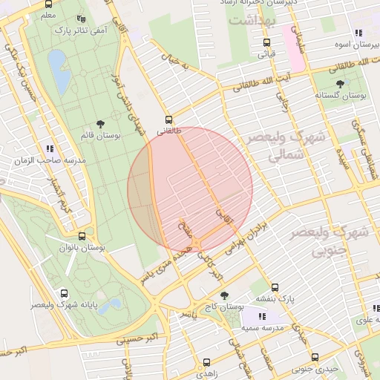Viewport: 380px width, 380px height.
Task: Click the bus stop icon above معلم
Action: [49, 3]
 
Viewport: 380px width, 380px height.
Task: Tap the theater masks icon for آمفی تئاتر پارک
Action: [81, 19]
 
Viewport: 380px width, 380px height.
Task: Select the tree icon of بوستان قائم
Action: [100, 125]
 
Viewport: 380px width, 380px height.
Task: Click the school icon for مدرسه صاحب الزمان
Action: [49, 148]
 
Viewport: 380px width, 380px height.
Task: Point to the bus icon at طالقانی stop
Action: [169, 119]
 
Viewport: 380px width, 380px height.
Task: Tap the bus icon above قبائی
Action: [266, 43]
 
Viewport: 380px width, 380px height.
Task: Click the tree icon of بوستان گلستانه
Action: [341, 84]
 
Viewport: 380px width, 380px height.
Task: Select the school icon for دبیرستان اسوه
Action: [358, 33]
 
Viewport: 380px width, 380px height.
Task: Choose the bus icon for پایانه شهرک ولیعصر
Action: [64, 293]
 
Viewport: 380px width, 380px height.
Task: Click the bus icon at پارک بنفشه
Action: [275, 287]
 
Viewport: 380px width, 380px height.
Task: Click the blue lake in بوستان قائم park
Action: [59, 71]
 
